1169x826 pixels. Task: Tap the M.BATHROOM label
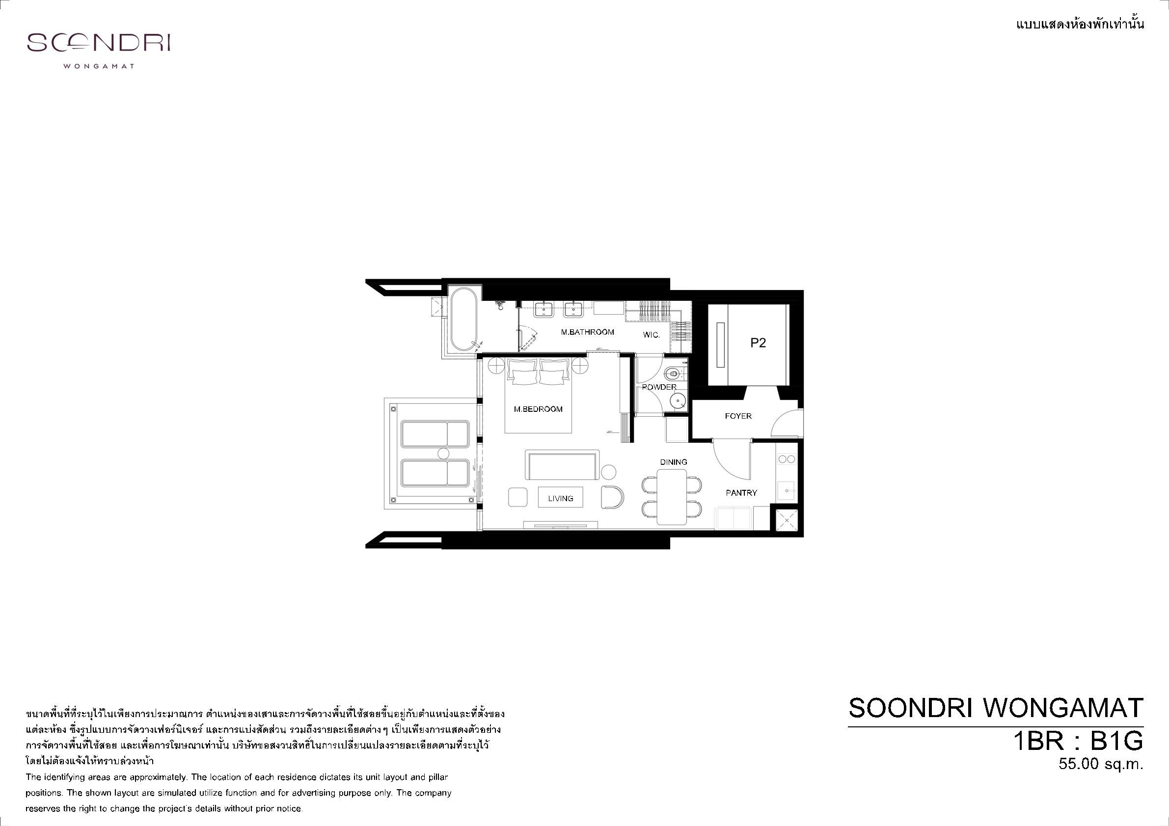588,332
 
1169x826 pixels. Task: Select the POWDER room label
659,387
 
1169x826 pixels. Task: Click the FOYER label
738,416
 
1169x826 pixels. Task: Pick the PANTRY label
741,493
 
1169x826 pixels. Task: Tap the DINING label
674,462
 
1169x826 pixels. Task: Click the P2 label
758,344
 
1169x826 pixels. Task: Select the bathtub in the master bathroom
463,319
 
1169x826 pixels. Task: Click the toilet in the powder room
674,373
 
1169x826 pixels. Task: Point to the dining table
672,497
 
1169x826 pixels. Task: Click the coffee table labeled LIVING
561,497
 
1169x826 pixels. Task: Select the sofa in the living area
563,465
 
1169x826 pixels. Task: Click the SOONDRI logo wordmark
98,43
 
